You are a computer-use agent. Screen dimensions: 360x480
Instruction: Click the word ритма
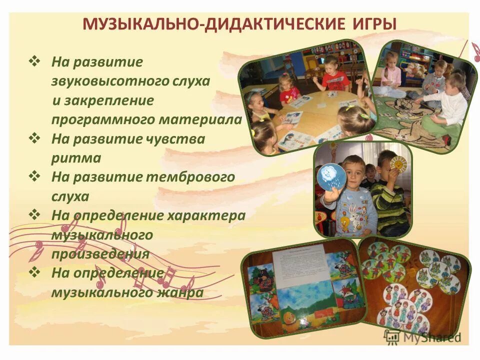coord(76,158)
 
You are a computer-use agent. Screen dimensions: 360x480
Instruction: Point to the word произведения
coord(100,253)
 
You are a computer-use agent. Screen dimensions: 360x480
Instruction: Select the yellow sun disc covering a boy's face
coord(397,165)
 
